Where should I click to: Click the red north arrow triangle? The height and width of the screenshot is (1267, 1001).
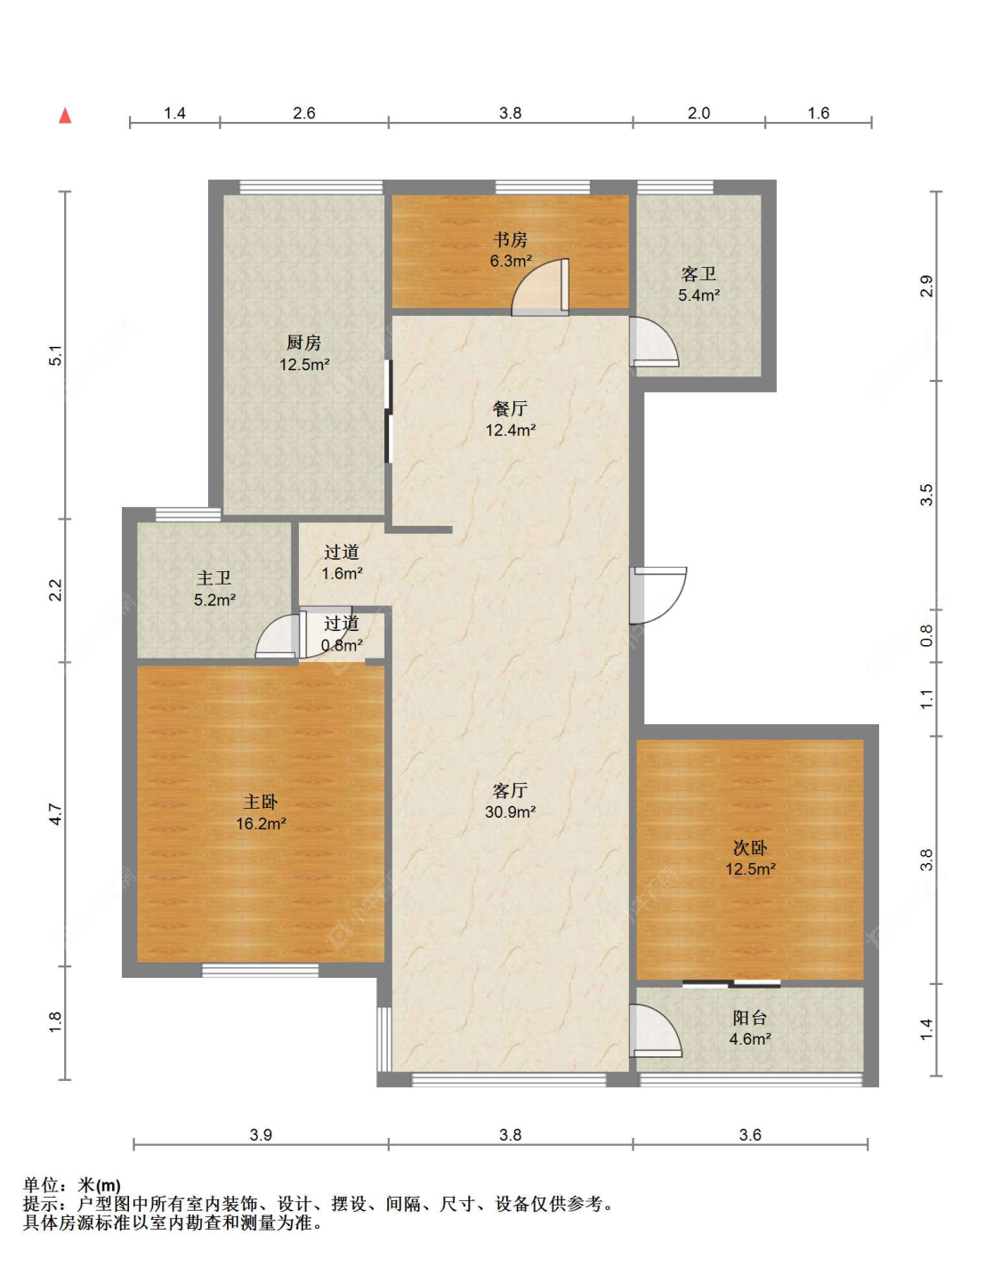[x=65, y=116]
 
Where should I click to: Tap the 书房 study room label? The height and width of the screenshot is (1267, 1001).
[x=510, y=239]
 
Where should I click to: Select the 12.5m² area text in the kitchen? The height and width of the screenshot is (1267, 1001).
[x=303, y=365]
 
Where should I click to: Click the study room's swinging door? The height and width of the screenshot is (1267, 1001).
[x=540, y=287]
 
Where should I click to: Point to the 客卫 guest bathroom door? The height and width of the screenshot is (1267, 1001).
[x=654, y=342]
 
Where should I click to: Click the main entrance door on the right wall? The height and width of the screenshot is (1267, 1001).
[x=658, y=595]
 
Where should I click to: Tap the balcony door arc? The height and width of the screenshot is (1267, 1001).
[x=656, y=1029]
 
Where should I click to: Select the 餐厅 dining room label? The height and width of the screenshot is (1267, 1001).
[x=510, y=408]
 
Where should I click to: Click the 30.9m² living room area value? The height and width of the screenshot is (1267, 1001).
[x=510, y=811]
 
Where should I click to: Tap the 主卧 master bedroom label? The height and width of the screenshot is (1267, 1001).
[x=260, y=802]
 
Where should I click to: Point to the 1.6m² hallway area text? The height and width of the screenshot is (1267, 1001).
[x=342, y=574]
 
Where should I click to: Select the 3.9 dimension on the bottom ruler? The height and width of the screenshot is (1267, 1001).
[x=260, y=1134]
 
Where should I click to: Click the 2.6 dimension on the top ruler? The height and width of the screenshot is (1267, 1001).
[x=303, y=113]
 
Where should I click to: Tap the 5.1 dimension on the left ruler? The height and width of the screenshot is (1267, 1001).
[x=55, y=356]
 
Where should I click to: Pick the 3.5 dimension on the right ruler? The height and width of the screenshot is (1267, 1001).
[x=927, y=495]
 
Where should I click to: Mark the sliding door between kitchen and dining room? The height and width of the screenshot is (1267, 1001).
[x=387, y=411]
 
